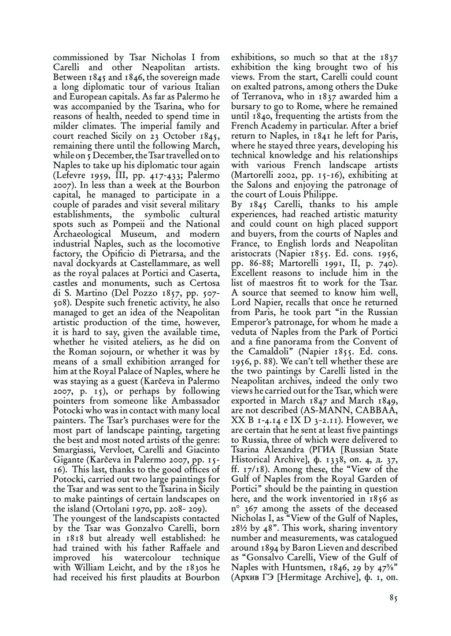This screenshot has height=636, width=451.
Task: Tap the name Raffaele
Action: (184, 548)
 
